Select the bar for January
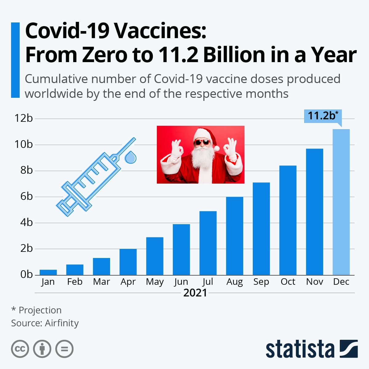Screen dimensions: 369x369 (x=48, y=272)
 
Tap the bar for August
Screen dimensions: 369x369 (x=235, y=236)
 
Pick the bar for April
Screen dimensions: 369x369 (x=128, y=262)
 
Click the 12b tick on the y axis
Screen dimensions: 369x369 (x=23, y=118)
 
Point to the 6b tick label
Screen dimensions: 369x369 (x=26, y=196)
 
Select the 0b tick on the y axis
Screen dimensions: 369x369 (x=26, y=275)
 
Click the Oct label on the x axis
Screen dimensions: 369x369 (x=288, y=282)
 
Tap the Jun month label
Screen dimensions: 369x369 (x=181, y=282)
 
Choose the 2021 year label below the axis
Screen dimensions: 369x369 (x=195, y=293)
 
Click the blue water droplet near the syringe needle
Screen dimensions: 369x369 (x=130, y=157)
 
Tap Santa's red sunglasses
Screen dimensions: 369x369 (x=202, y=142)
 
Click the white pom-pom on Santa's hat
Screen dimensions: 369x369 (x=217, y=149)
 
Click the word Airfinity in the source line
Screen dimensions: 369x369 (x=62, y=323)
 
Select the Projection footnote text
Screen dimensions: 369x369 (x=40, y=310)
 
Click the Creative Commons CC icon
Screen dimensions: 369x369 (x=20, y=349)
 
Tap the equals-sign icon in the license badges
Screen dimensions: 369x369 (x=65, y=349)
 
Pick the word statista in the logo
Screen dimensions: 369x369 (x=300, y=349)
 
